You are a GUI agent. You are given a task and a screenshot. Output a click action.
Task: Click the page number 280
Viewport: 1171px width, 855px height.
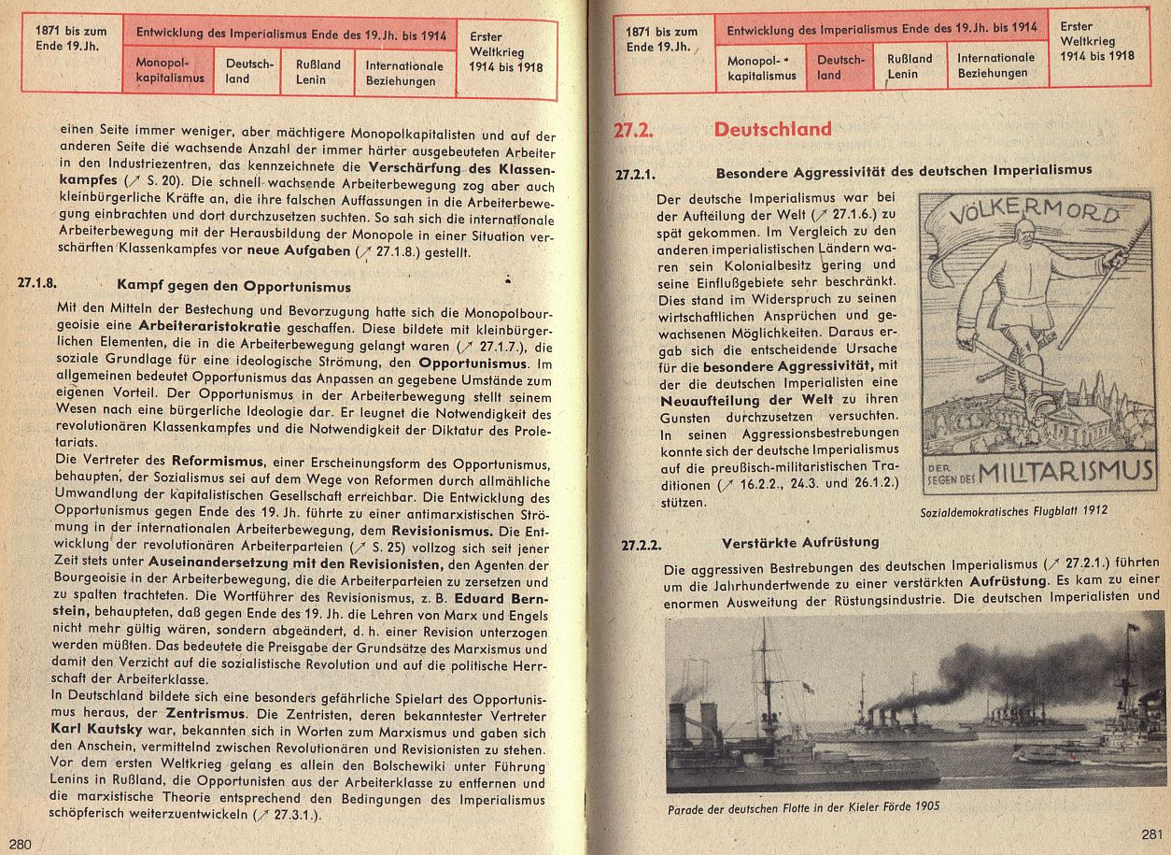[21, 844]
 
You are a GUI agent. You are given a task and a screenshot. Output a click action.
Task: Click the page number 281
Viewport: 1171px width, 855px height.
[1150, 834]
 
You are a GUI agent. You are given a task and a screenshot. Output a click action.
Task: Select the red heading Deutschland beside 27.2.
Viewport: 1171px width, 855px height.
[772, 130]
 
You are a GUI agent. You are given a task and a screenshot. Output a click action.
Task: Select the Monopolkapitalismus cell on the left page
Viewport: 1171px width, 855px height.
[170, 71]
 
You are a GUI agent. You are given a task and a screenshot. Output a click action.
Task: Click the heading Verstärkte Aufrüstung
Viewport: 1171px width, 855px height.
[799, 543]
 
